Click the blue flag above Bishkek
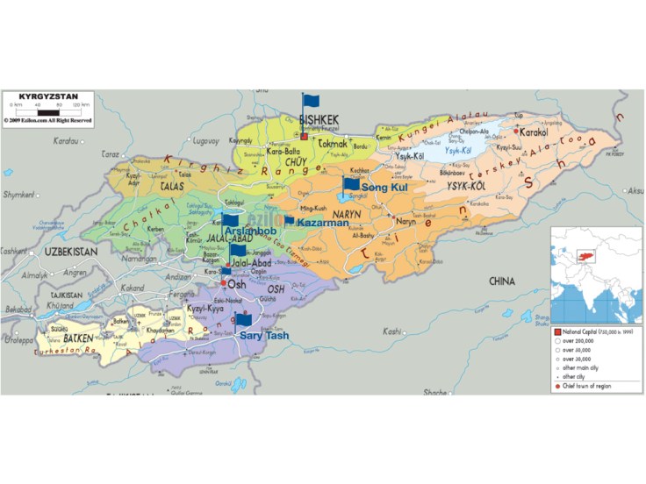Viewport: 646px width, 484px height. pyautogui.click(x=311, y=102)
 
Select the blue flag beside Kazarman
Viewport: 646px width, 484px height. pyautogui.click(x=289, y=221)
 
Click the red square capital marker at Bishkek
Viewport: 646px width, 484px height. pyautogui.click(x=304, y=136)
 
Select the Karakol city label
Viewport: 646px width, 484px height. pyautogui.click(x=535, y=133)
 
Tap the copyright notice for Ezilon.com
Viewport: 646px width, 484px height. pyautogui.click(x=47, y=120)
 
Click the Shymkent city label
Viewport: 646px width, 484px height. pyautogui.click(x=16, y=195)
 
